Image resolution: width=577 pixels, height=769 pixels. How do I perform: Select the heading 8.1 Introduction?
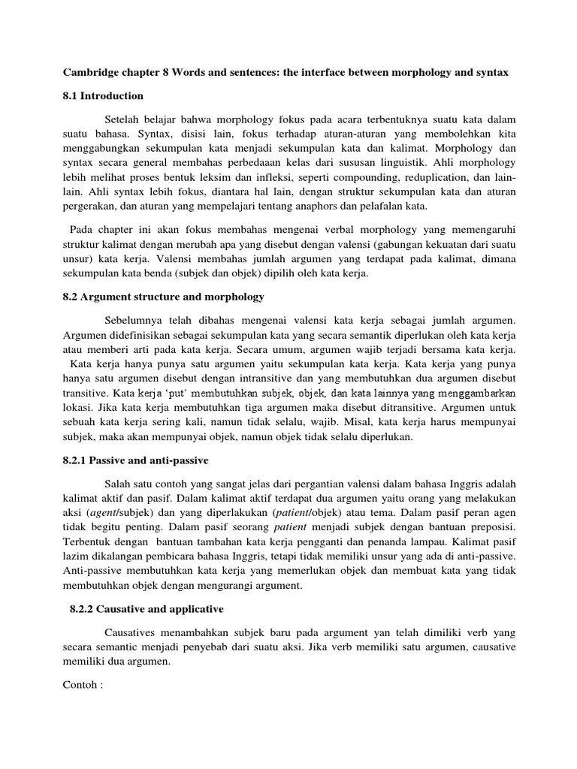point(102,96)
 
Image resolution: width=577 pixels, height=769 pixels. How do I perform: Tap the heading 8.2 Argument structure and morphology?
point(162,298)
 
